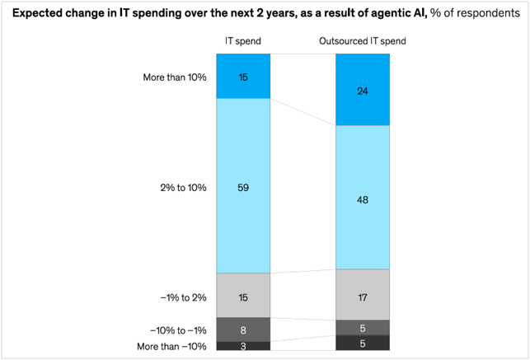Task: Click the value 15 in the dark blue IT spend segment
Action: tap(242, 77)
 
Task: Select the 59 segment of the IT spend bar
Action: tap(242, 187)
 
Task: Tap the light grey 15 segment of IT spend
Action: tap(242, 296)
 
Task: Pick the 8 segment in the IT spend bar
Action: tap(242, 330)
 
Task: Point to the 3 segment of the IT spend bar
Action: tap(242, 346)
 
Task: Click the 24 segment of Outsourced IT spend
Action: tap(363, 91)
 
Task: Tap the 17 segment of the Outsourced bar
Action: tap(363, 295)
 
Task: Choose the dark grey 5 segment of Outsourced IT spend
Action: tap(363, 328)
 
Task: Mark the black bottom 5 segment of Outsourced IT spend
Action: tap(363, 344)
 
